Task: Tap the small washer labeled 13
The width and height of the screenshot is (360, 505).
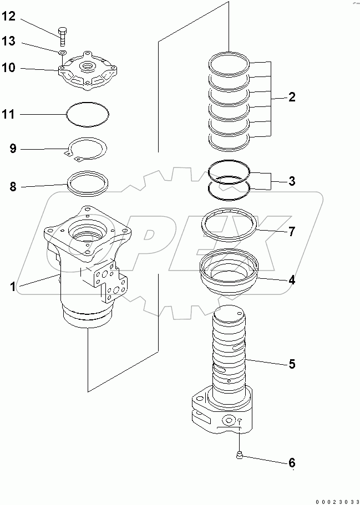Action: (63, 53)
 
